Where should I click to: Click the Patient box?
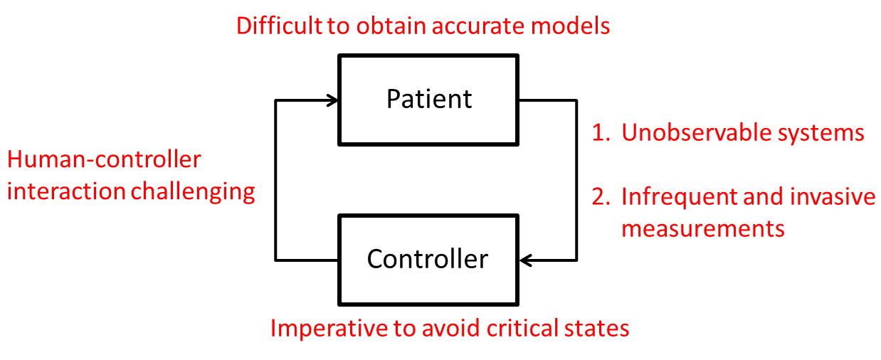pos(429,100)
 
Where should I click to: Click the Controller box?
pos(428,259)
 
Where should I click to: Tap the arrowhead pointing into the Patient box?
pos(332,100)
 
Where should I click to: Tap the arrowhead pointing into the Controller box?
pos(527,260)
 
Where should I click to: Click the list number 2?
pos(601,196)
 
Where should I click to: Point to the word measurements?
pos(703,228)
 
